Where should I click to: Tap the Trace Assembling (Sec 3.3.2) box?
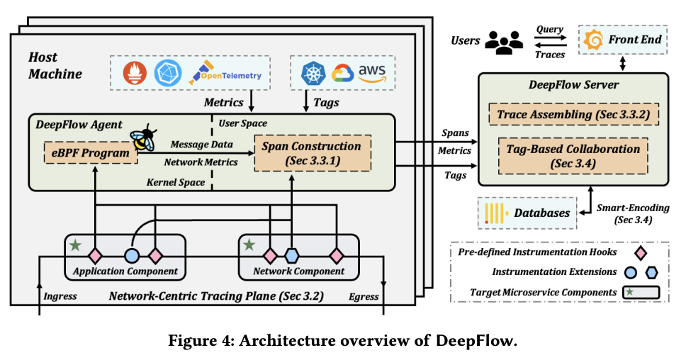click(566, 114)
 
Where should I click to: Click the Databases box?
click(527, 213)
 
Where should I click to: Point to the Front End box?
click(622, 40)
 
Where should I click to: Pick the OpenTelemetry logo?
click(225, 74)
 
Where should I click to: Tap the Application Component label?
click(125, 271)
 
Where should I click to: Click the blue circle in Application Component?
click(131, 255)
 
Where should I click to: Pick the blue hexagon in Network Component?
click(290, 255)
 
